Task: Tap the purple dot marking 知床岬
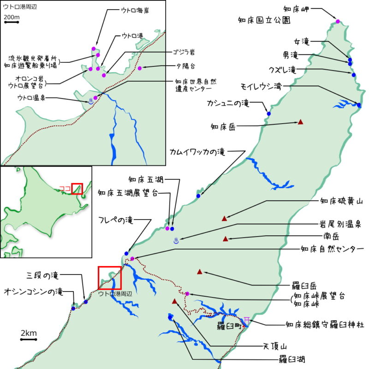(x=338, y=22)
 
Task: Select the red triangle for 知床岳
(x=300, y=122)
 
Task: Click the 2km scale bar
(x=29, y=339)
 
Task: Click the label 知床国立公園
(x=264, y=20)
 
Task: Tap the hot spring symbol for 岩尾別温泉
(x=176, y=240)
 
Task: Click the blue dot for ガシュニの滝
(x=268, y=113)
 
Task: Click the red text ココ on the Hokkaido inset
(x=65, y=188)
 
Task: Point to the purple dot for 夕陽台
(x=139, y=68)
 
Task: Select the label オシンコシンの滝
(x=33, y=292)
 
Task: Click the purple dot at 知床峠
(x=187, y=294)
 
